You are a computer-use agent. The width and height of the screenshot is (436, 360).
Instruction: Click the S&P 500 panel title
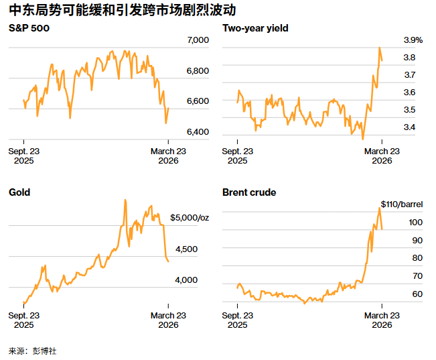coord(29,28)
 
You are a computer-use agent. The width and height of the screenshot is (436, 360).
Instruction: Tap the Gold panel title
coord(19,192)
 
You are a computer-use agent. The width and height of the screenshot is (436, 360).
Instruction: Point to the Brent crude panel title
coord(249,192)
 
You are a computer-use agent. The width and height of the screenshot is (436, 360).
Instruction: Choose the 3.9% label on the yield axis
coord(413,41)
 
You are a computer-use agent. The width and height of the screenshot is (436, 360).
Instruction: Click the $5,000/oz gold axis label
coord(190,218)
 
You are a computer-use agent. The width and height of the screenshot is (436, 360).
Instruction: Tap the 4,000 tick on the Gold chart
coord(186,280)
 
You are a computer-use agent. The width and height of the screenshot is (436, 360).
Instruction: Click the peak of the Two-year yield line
coord(380,48)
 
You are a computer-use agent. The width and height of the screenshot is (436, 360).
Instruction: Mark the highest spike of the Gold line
coord(125,200)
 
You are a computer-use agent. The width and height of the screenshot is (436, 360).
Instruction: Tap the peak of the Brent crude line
coord(379,208)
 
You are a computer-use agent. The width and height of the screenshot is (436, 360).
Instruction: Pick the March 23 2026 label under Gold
coord(168,320)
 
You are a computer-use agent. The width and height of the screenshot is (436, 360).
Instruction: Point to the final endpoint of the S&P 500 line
coord(169,108)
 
